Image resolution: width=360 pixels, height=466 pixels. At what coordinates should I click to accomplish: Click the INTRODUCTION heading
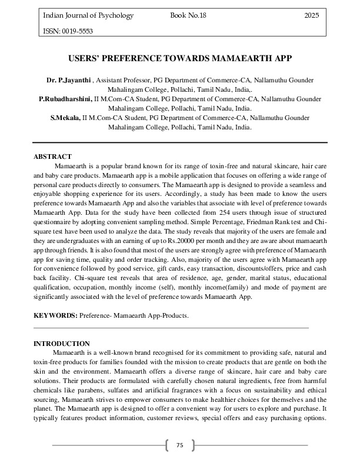tap(62, 343)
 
